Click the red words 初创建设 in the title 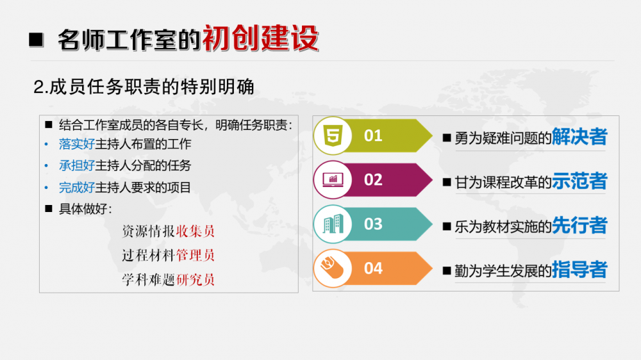261,38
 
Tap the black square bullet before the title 36,40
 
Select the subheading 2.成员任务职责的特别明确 144,87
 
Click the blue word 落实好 77,144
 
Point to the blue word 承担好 77,165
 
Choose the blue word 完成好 77,188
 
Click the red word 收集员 196,231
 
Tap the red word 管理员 196,256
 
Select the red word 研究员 196,280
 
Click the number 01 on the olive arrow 373,136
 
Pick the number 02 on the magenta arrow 373,180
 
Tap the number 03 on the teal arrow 373,224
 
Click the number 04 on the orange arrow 373,268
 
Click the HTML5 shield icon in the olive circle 333,135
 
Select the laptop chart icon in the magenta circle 333,180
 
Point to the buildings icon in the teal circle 333,224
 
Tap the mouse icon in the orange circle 332,268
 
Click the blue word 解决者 579,136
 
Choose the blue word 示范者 579,181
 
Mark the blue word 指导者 579,270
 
